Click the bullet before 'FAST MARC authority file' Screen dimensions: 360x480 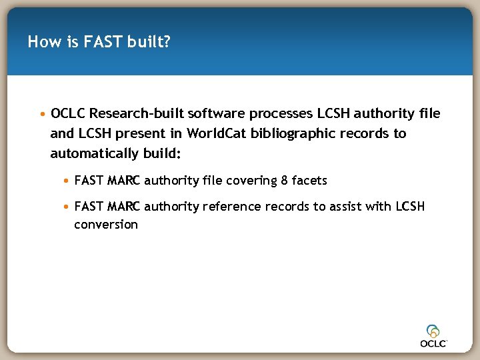(x=67, y=181)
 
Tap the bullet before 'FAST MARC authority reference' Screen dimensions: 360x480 (x=67, y=207)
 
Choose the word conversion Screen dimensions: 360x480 (x=106, y=225)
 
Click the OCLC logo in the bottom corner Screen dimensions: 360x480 (x=434, y=335)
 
